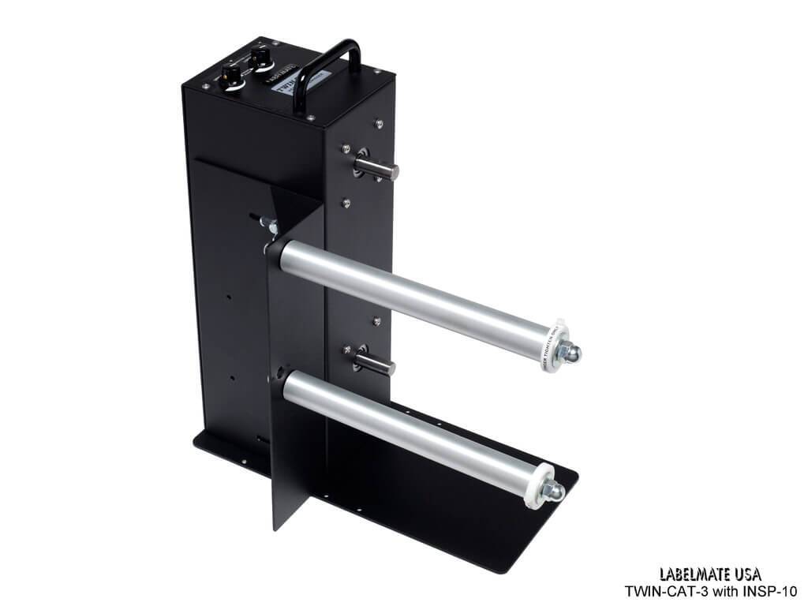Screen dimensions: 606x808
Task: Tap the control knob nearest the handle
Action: [x=258, y=54]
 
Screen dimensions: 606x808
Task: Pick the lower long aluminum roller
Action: [x=410, y=430]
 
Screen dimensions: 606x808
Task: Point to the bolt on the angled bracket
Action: [x=267, y=226]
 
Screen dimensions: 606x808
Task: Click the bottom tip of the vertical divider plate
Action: [x=275, y=528]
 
